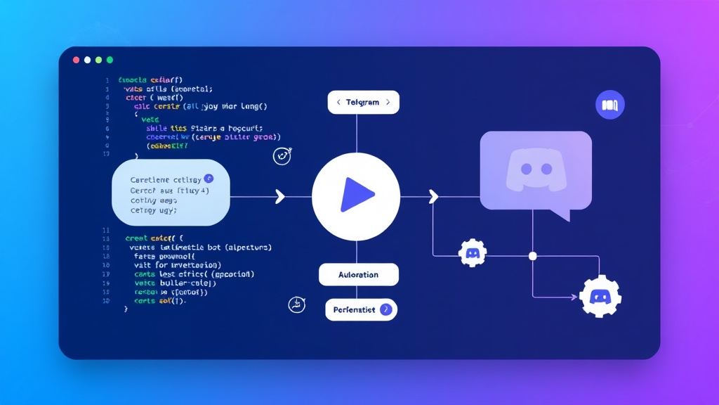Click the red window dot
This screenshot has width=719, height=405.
tap(76, 60)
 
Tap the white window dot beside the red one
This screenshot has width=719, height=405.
tap(87, 60)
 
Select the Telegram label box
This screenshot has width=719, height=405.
tap(363, 102)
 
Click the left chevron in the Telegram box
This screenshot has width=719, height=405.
tap(338, 102)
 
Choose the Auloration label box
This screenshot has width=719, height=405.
tap(358, 274)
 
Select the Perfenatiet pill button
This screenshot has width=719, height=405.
tap(361, 309)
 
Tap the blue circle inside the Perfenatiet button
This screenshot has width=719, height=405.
tap(385, 309)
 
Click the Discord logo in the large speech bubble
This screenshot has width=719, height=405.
tap(535, 171)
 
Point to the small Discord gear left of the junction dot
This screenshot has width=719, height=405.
tap(473, 252)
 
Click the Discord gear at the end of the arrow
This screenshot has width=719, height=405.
tap(600, 297)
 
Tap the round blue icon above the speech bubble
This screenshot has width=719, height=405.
tap(609, 105)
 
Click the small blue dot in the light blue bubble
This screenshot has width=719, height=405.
tap(207, 179)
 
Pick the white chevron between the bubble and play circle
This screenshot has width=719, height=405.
tap(280, 196)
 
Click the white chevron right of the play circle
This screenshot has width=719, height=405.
tap(433, 196)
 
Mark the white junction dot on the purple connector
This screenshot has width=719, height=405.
tap(532, 255)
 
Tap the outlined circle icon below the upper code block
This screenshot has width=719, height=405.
tap(282, 156)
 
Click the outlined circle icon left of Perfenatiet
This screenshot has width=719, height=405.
tap(297, 304)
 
